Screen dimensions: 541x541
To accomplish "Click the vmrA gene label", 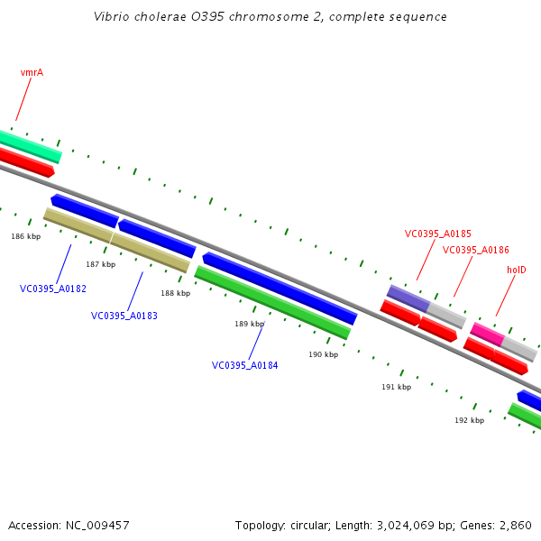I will click(x=32, y=72).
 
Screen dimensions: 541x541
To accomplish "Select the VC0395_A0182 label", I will click(x=53, y=289).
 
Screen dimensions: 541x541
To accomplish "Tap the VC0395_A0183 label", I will click(x=124, y=316).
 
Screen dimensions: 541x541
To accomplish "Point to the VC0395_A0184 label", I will click(x=245, y=366).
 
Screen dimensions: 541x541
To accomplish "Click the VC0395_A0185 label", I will click(x=438, y=234).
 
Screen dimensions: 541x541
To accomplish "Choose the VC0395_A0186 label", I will click(x=476, y=250).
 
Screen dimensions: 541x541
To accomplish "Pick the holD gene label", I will click(x=517, y=270).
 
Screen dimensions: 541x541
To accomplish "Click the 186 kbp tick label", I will click(x=26, y=236).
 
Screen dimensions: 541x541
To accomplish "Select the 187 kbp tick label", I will click(x=101, y=264).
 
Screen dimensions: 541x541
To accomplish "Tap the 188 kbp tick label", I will click(x=176, y=293).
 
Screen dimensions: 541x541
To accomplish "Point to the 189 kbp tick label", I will click(x=250, y=324).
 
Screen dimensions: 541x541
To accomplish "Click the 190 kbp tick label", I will click(x=324, y=354).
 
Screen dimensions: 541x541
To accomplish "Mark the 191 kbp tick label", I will click(x=397, y=387).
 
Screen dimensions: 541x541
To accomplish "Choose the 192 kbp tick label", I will click(x=470, y=420).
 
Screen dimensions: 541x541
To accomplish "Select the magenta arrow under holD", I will click(x=487, y=333).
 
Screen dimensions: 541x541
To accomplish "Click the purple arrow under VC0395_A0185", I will click(x=408, y=298).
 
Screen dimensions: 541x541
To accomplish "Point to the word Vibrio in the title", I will click(x=111, y=17).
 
